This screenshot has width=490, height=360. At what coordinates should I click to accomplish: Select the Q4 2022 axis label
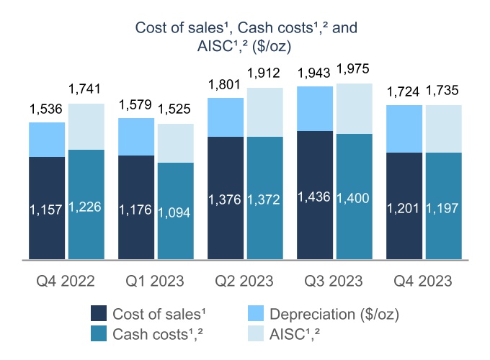tap(66, 280)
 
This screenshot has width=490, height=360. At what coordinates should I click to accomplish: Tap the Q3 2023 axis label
tap(334, 280)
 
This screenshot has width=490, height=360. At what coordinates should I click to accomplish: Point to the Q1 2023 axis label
tap(154, 280)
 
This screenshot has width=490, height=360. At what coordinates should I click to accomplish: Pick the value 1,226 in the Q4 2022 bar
tap(86, 207)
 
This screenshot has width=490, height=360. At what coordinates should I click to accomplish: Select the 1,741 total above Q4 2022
tap(86, 89)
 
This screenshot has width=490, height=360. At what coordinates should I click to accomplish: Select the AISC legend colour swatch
tap(255, 333)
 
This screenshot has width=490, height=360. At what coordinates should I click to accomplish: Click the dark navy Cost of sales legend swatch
tap(100, 314)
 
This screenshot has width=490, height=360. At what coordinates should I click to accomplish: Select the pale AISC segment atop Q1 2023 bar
tap(175, 143)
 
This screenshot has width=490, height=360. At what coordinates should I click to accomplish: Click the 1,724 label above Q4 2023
tap(404, 92)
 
